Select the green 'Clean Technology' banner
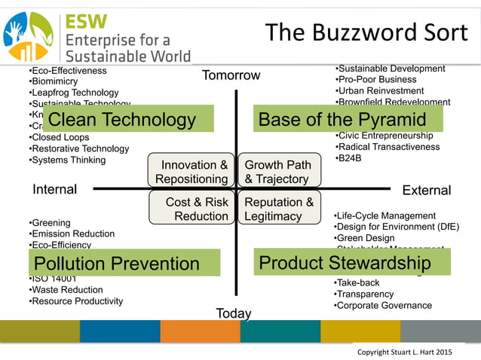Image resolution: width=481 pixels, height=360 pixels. click(128, 119)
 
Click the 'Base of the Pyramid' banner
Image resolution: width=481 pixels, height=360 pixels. click(348, 119)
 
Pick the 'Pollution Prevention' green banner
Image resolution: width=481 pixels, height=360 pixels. click(125, 263)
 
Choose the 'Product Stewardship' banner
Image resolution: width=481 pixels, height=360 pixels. click(351, 262)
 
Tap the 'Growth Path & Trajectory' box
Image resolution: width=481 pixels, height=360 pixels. click(278, 172)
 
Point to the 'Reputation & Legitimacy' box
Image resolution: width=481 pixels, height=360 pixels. click(278, 209)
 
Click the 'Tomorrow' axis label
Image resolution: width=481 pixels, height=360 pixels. click(231, 75)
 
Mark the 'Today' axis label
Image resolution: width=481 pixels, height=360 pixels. click(234, 313)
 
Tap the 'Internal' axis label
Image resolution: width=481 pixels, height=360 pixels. click(54, 190)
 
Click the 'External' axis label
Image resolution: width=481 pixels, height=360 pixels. click(426, 191)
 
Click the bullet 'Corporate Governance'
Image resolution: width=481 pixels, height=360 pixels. click(384, 305)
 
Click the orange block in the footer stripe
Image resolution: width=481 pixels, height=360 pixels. click(200, 331)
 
